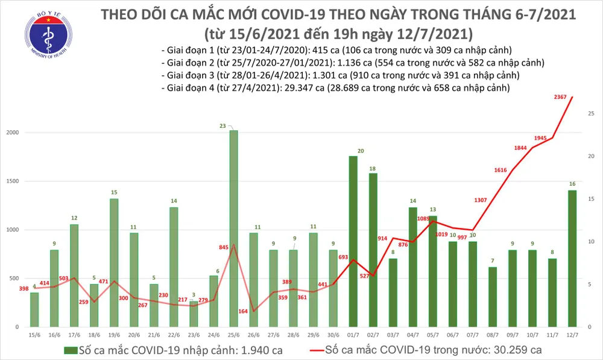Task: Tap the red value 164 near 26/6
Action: tap(242, 312)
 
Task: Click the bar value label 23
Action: tap(223, 125)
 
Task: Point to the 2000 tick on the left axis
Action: tap(13, 133)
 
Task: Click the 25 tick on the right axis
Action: tap(591, 113)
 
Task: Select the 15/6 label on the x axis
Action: tap(34, 333)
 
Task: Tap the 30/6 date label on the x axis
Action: tap(332, 333)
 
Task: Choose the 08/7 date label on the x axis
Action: tap(491, 333)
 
